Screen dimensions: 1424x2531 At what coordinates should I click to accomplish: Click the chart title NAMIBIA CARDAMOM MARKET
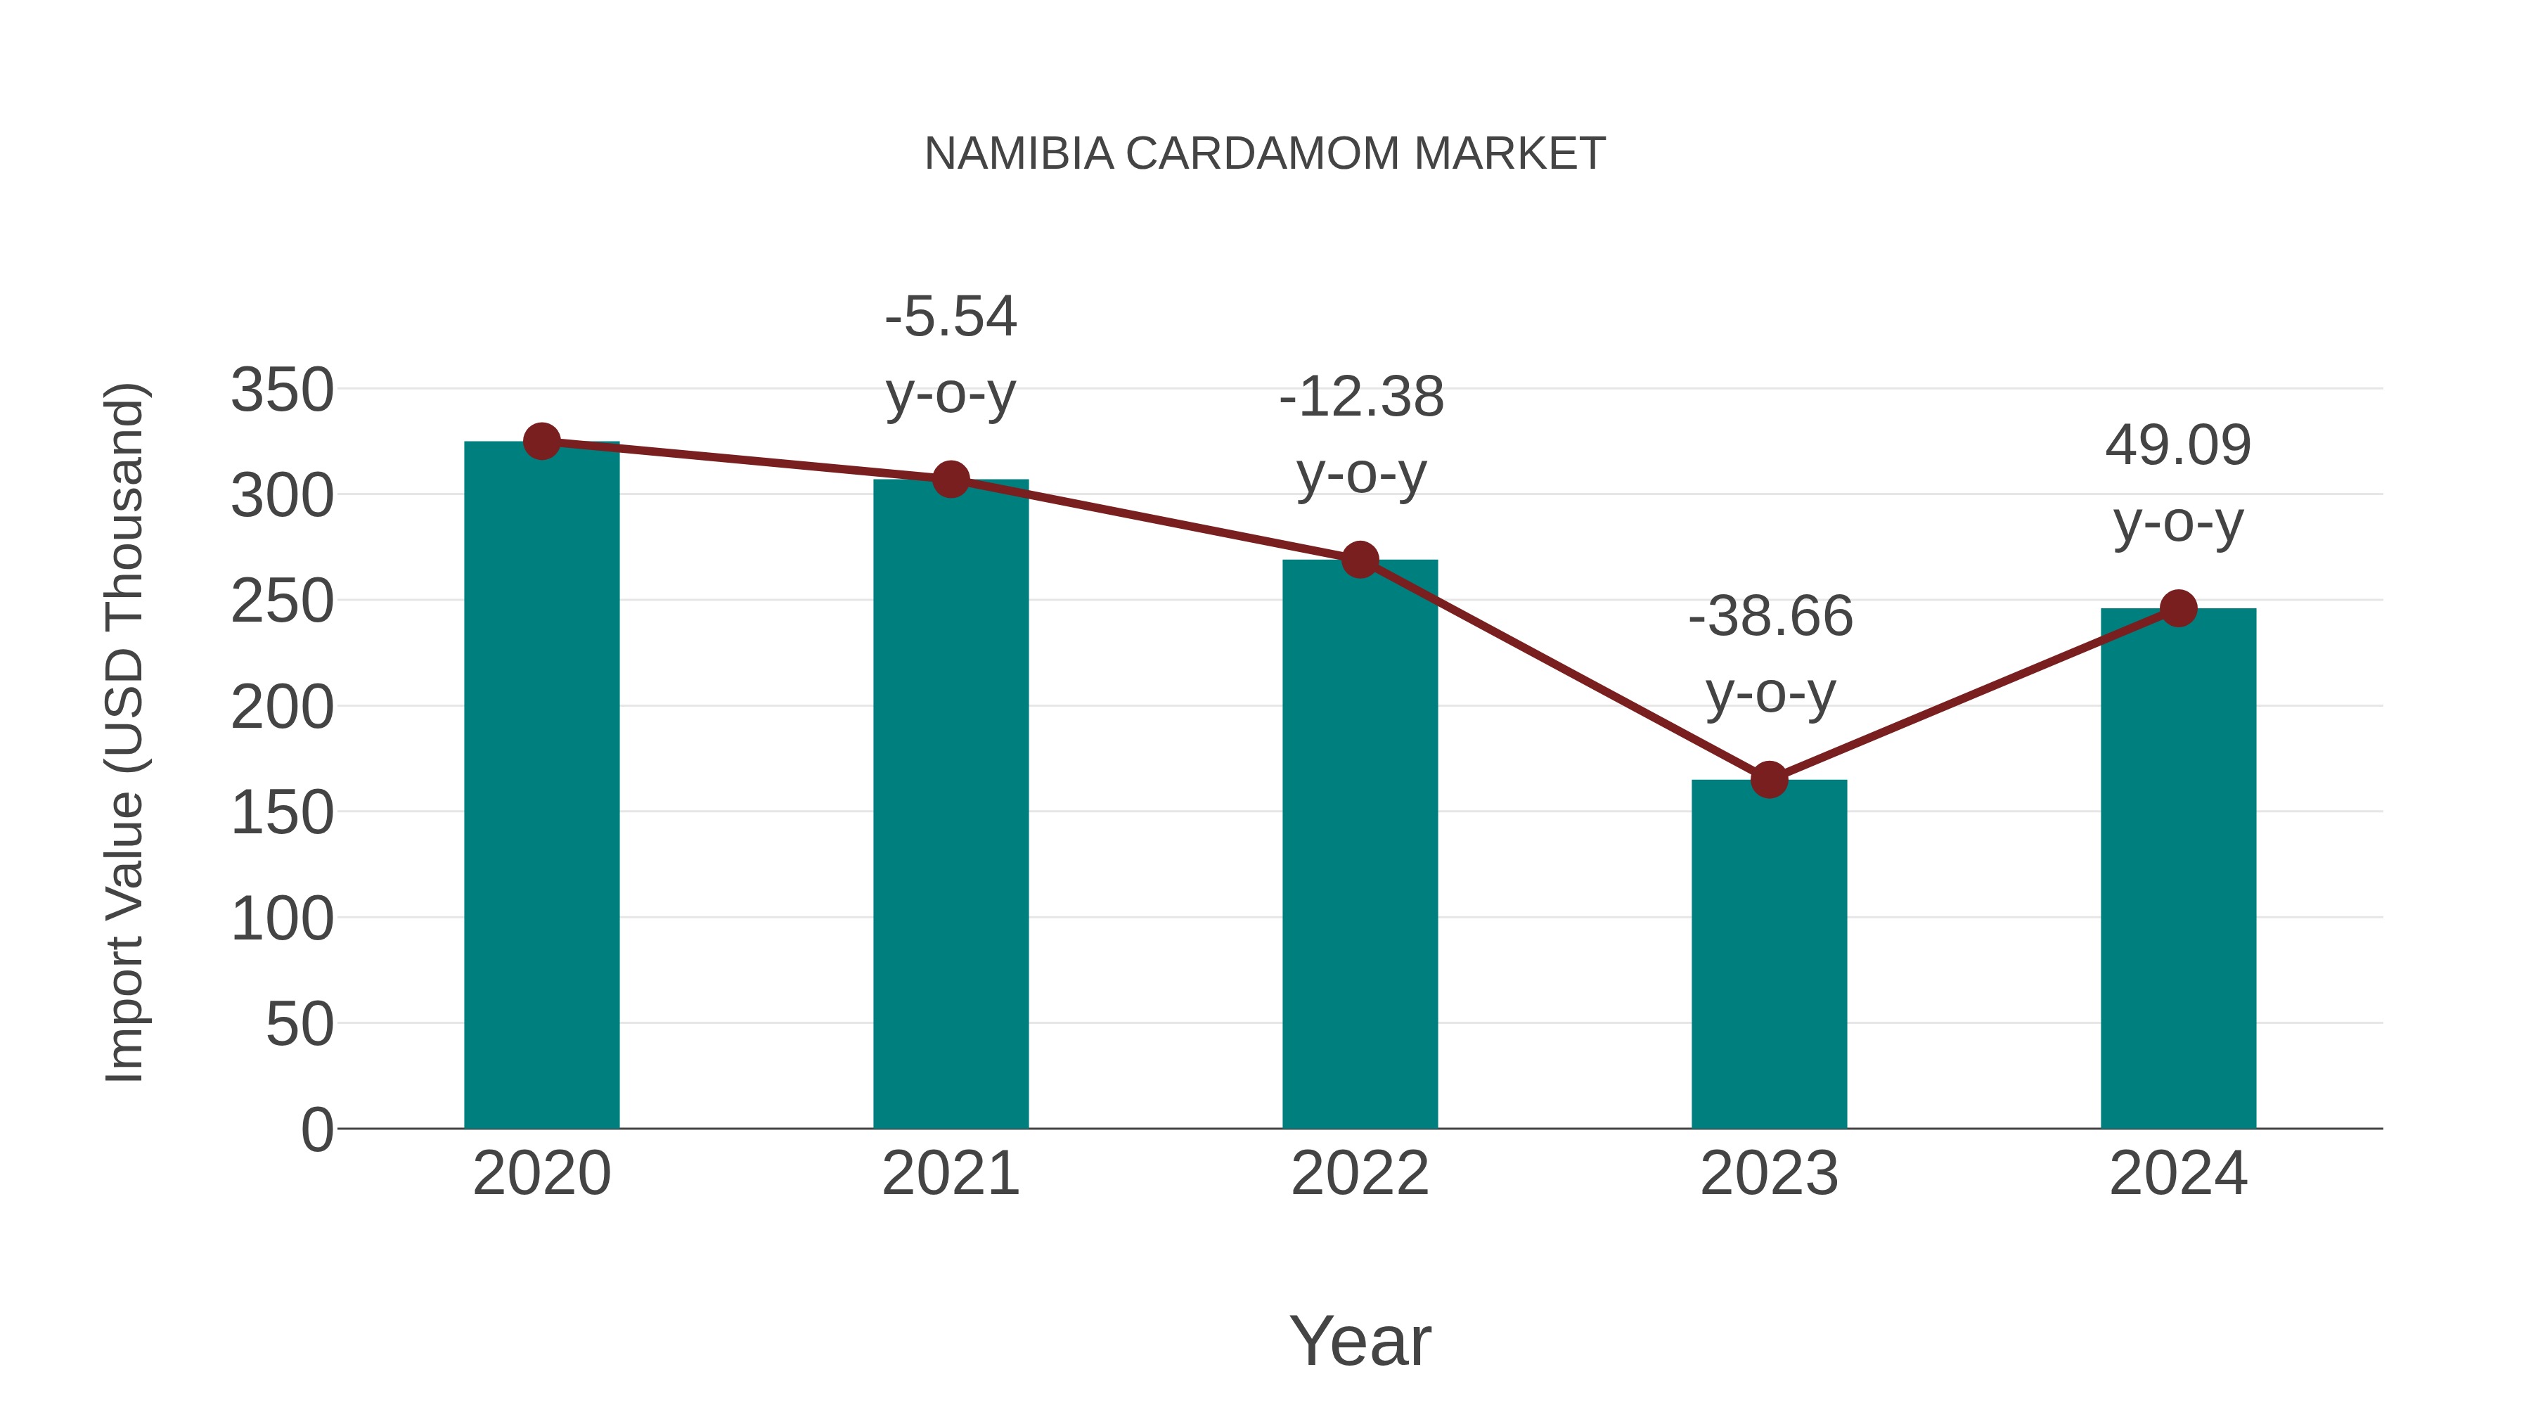pyautogui.click(x=1265, y=154)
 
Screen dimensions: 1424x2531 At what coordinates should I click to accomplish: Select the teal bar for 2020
pyautogui.click(x=541, y=786)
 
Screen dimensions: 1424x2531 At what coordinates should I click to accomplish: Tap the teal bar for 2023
pyautogui.click(x=1769, y=954)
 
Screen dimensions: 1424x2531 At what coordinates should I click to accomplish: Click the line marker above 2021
pyautogui.click(x=950, y=480)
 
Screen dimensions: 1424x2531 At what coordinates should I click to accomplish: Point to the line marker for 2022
pyautogui.click(x=1360, y=560)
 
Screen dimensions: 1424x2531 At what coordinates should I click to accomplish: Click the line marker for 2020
pyautogui.click(x=541, y=442)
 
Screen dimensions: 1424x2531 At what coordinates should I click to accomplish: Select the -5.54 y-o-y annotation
pyautogui.click(x=950, y=355)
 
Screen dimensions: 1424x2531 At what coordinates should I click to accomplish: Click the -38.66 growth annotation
pyautogui.click(x=1770, y=655)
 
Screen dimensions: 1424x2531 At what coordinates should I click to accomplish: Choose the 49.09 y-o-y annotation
pyautogui.click(x=2178, y=484)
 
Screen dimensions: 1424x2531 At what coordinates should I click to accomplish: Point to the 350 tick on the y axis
pyautogui.click(x=282, y=390)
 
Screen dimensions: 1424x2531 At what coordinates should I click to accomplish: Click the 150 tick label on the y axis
pyautogui.click(x=282, y=814)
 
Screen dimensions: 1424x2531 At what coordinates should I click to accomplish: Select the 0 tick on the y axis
pyautogui.click(x=316, y=1130)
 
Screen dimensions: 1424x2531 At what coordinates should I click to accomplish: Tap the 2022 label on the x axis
pyautogui.click(x=1360, y=1174)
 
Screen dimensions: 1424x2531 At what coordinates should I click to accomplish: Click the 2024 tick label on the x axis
pyautogui.click(x=2178, y=1174)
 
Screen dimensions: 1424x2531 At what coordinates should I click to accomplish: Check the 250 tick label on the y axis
pyautogui.click(x=282, y=601)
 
